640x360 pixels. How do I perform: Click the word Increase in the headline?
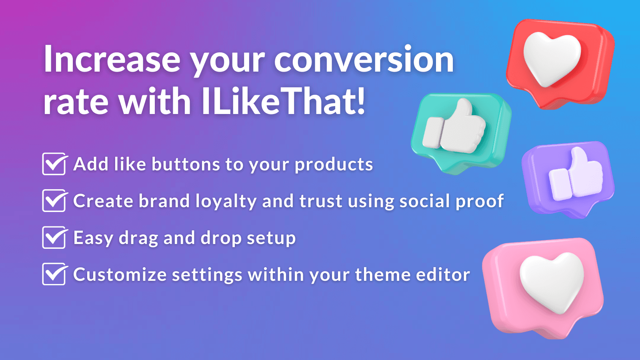(x=112, y=60)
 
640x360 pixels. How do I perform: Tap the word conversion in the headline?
(x=364, y=60)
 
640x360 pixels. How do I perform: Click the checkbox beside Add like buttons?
(x=54, y=164)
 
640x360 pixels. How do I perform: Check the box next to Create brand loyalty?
(x=54, y=201)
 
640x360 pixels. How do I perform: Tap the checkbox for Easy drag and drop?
(x=54, y=238)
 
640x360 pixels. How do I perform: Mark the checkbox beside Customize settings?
(x=54, y=274)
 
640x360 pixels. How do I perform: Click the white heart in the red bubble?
(x=552, y=58)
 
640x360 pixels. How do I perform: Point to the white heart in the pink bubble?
(x=552, y=282)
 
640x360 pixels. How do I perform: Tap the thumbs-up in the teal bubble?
(x=456, y=128)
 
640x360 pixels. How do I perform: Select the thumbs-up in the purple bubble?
(x=576, y=176)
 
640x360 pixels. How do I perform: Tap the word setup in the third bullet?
(x=271, y=238)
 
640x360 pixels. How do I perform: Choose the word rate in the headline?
(x=76, y=102)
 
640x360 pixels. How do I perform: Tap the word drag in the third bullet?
(x=138, y=238)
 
